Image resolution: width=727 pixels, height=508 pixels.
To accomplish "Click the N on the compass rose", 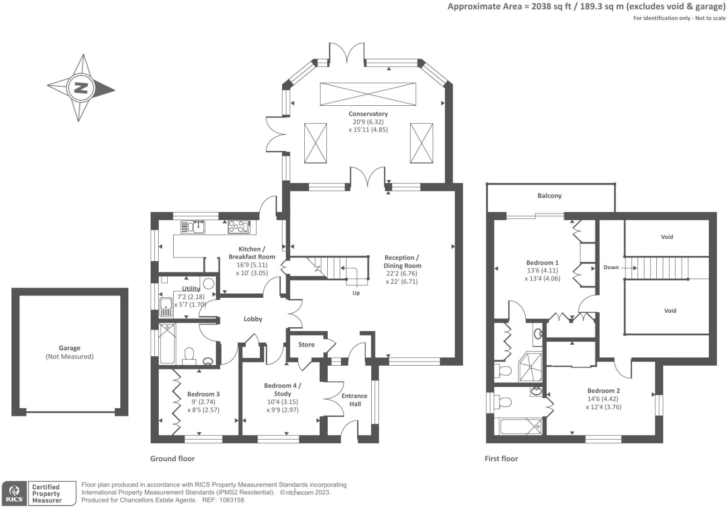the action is (81, 88).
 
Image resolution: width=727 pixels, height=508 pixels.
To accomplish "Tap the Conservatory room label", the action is (368, 114).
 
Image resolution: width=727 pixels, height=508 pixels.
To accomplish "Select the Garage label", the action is (69, 348).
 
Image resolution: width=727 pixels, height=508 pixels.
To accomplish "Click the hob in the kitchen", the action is (239, 227).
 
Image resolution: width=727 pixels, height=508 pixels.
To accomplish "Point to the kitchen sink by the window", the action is (193, 227).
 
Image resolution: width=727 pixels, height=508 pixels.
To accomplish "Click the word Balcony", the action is (550, 196).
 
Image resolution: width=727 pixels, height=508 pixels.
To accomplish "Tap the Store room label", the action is (306, 345).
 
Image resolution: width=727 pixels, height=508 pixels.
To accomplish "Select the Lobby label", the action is (253, 319).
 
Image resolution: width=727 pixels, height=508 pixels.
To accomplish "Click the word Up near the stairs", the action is (356, 293).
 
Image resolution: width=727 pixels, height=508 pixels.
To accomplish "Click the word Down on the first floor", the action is (611, 267).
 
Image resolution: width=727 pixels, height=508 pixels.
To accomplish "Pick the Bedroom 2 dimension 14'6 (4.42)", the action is (602, 399).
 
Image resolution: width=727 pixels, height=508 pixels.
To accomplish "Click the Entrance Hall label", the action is (354, 400).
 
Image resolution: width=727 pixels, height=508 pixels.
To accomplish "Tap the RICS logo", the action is (15, 493).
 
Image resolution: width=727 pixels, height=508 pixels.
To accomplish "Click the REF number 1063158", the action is (231, 500).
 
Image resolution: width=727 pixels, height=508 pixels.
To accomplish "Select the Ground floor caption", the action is (172, 459).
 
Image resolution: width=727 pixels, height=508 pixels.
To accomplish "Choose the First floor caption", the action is (501, 459).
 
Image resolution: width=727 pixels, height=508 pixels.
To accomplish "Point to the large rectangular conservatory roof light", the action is (368, 94).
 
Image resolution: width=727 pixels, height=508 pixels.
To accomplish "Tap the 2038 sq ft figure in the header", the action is (551, 7).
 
